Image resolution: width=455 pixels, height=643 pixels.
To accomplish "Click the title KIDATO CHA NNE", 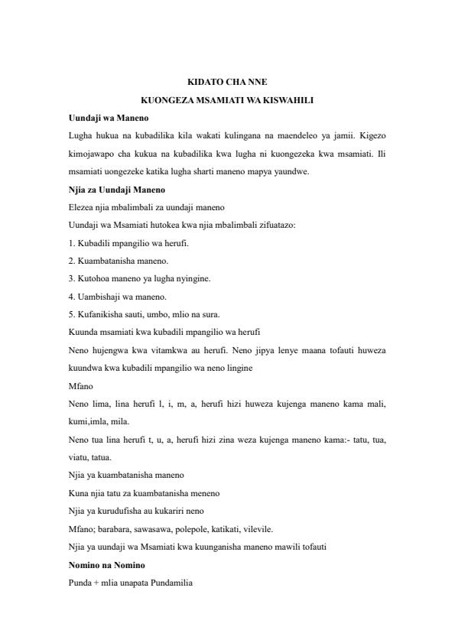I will click(x=227, y=82).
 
